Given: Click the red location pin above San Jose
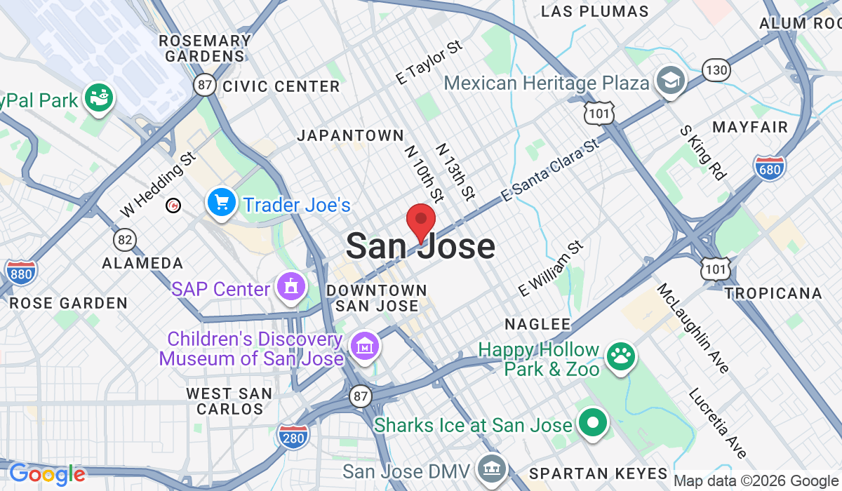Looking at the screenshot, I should tap(421, 220).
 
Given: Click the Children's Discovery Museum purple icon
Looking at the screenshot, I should tap(366, 346).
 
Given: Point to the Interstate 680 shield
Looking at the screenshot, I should tap(770, 166).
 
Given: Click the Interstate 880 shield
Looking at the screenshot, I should tap(20, 271).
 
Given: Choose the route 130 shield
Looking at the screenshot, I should tap(716, 71).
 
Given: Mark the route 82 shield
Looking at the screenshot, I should tap(125, 240).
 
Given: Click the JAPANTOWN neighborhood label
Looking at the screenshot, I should tap(350, 135).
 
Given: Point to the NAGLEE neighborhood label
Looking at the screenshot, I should tap(538, 323).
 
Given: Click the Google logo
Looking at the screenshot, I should tap(47, 474).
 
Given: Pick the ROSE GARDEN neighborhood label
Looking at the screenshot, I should tap(68, 303).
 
